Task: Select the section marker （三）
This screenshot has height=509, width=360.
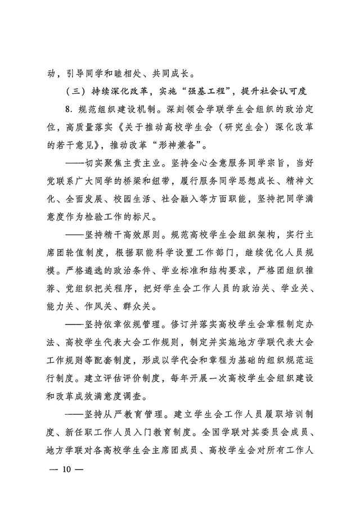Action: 76,91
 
